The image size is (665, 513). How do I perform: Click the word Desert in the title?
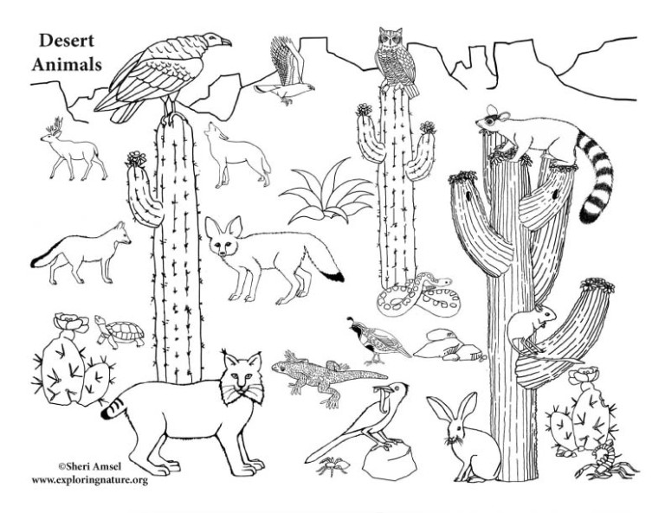pyautogui.click(x=67, y=41)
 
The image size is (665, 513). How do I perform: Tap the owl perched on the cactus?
pyautogui.click(x=397, y=61)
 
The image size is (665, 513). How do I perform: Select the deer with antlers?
pyautogui.click(x=74, y=149)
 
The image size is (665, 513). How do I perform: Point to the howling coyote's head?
pyautogui.click(x=214, y=131)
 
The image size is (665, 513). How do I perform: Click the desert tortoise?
pyautogui.click(x=119, y=331)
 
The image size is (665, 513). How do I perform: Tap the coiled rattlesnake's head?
pyautogui.click(x=442, y=281)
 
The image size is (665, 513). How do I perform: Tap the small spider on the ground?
pyautogui.click(x=333, y=465)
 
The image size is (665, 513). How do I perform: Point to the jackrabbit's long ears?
pyautogui.click(x=454, y=409)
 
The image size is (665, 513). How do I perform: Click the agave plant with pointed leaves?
pyautogui.click(x=326, y=193)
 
